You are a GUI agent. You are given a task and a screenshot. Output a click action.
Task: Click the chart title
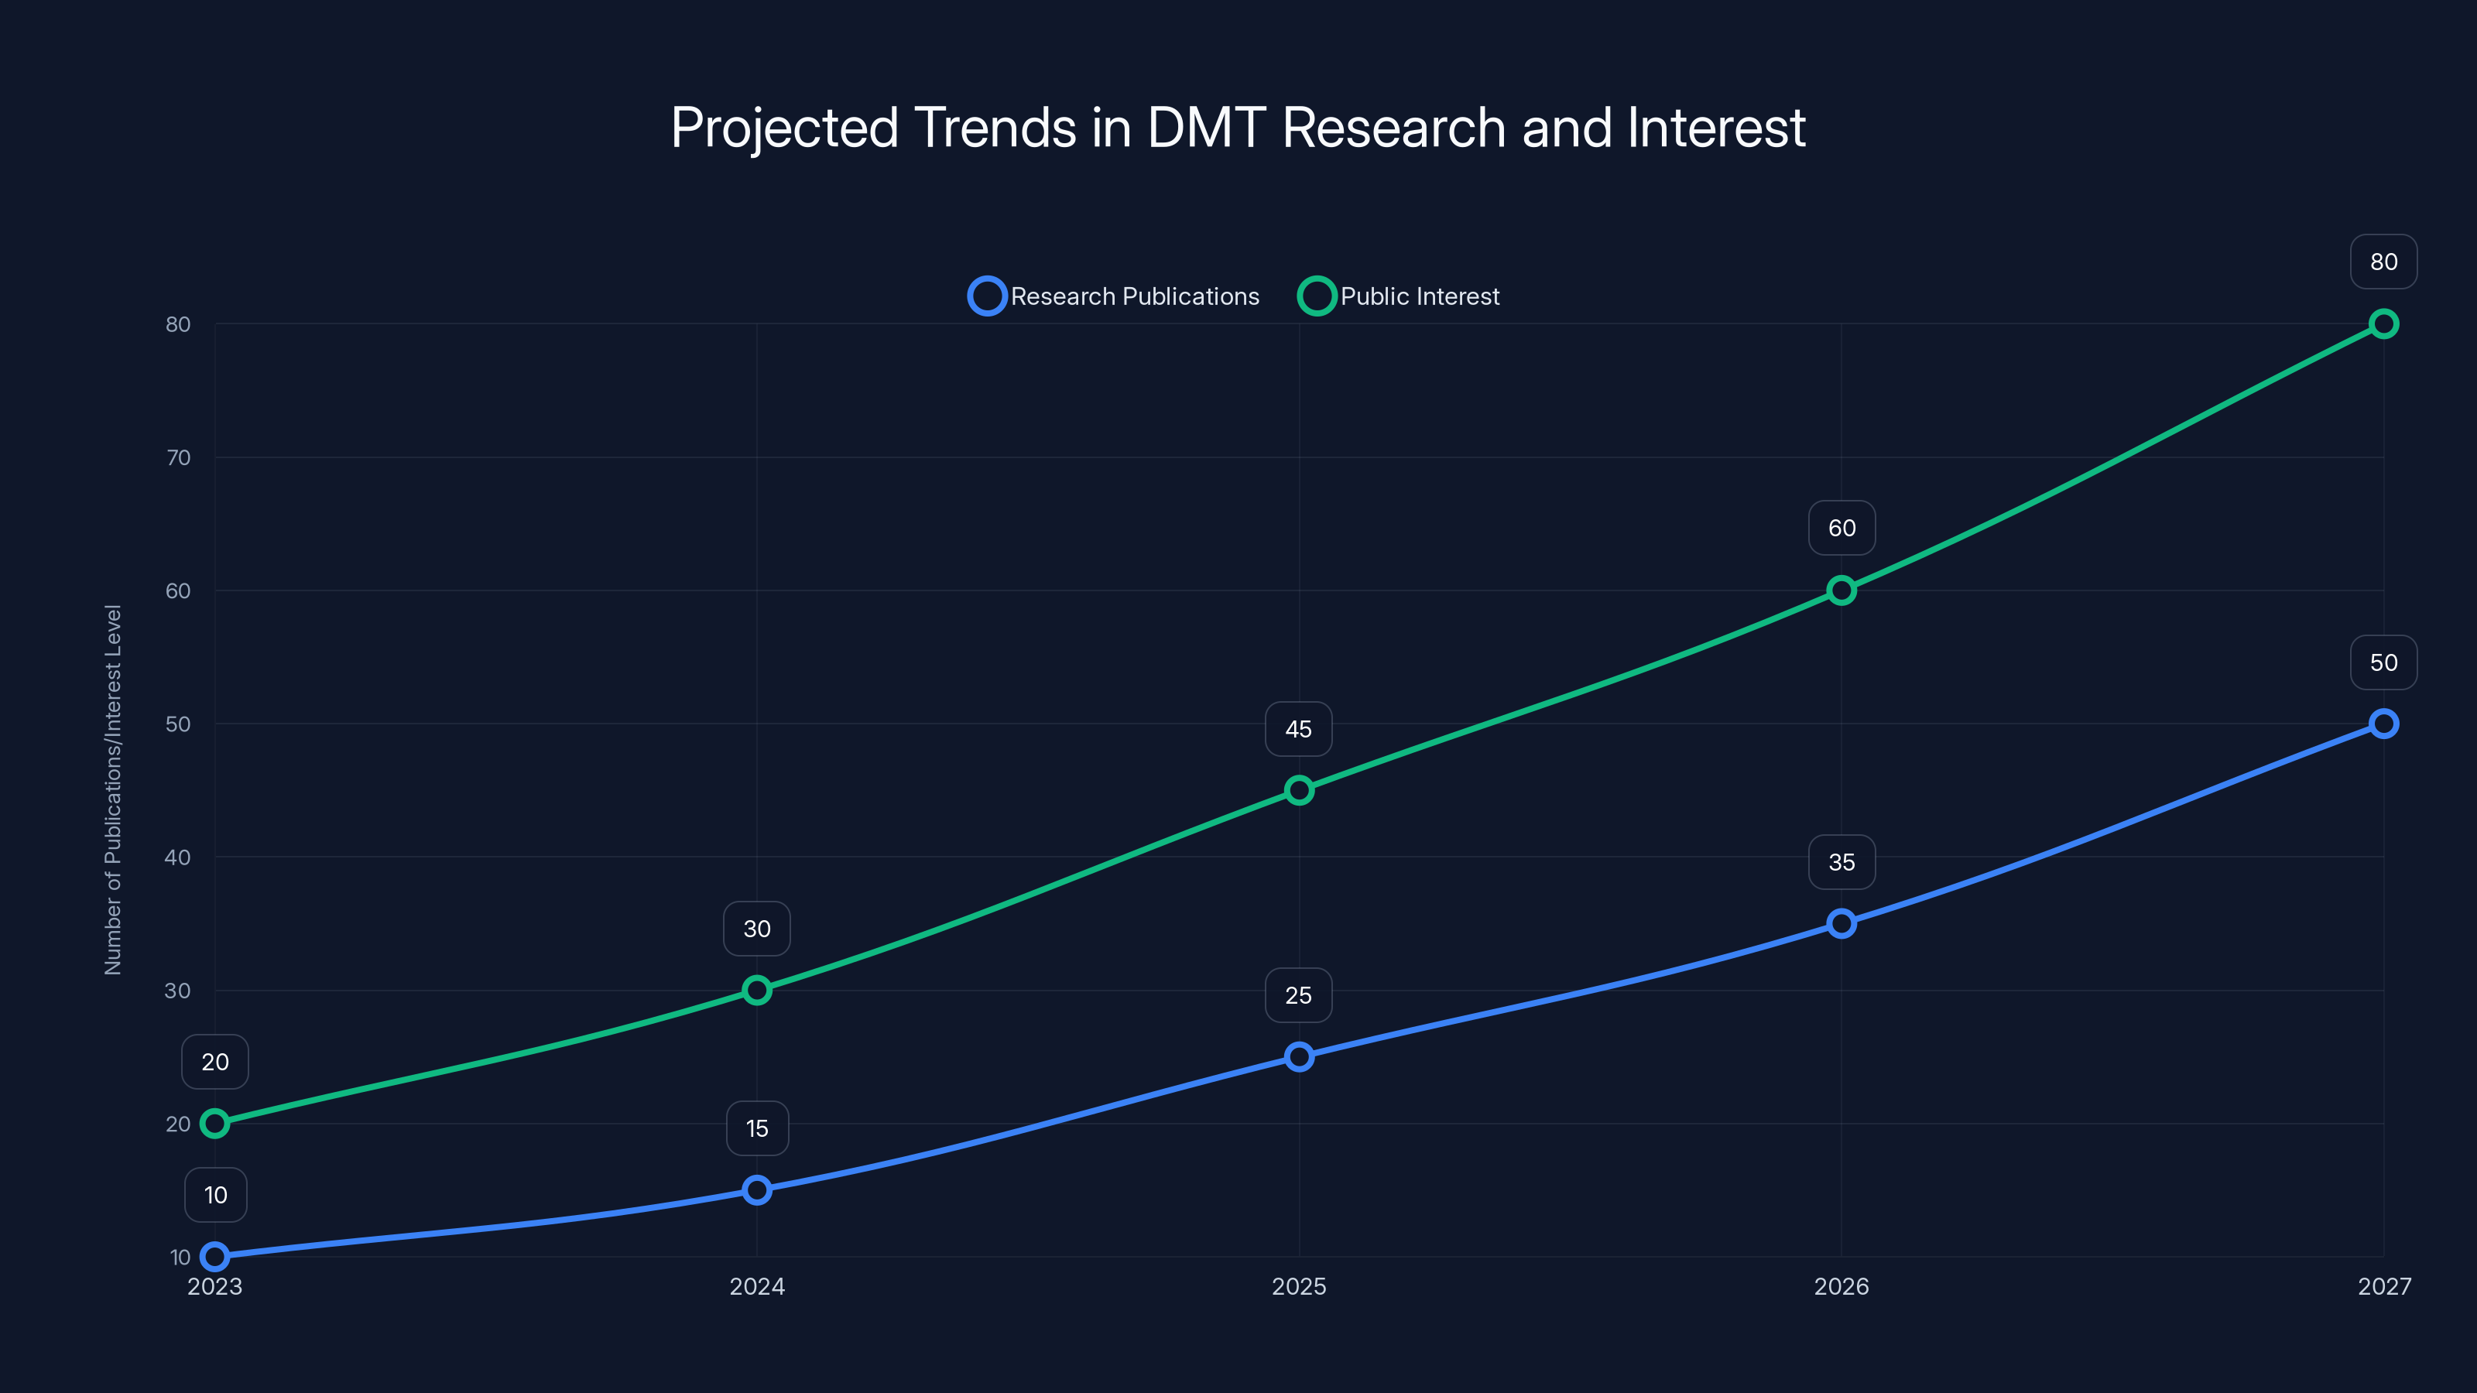tap(1238, 128)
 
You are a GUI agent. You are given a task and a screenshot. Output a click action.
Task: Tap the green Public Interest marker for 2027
tap(2383, 324)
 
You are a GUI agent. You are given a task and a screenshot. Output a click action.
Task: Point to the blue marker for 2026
tap(1841, 924)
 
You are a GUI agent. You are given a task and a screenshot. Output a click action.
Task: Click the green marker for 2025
tap(1298, 790)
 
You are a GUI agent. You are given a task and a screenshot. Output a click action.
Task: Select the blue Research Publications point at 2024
tap(757, 1190)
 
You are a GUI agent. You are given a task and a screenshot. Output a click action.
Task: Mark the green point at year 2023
tap(214, 1123)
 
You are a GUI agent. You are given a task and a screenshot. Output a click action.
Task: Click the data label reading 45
tap(1298, 730)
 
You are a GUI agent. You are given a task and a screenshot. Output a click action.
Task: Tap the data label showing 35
tap(1841, 862)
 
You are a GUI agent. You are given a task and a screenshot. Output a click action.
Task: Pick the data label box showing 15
tap(757, 1128)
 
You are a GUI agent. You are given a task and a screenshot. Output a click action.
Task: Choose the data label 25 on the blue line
tap(1298, 996)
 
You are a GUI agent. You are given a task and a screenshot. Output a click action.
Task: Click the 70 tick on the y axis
tap(178, 457)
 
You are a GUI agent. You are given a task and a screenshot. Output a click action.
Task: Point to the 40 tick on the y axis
tap(178, 857)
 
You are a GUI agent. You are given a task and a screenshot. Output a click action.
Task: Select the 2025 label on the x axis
tap(1298, 1286)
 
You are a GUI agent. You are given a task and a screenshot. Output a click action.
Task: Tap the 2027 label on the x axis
tap(2383, 1286)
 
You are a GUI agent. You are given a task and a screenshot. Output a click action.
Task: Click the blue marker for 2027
tap(2383, 724)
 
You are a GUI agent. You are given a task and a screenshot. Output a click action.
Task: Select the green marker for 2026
tap(1841, 590)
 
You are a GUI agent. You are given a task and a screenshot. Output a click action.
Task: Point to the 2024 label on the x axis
tap(757, 1286)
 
